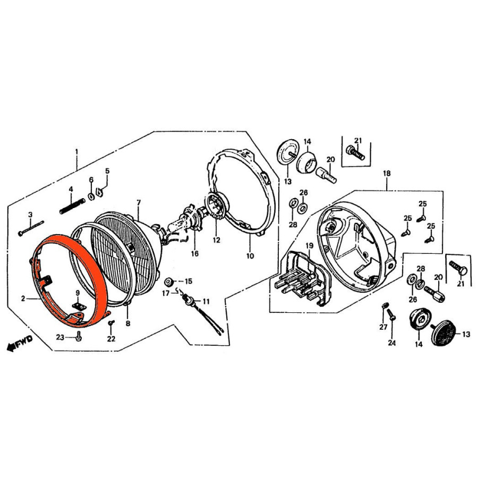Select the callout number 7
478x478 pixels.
[139, 202]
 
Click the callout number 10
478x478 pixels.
[250, 256]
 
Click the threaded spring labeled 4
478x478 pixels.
[72, 206]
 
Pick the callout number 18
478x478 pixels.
[387, 174]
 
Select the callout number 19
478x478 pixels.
[310, 245]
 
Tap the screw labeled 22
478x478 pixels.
[111, 323]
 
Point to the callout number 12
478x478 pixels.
[217, 240]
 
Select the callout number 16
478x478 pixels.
[195, 253]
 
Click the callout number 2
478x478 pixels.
[23, 298]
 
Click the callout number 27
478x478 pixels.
[383, 327]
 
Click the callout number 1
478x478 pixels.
[76, 151]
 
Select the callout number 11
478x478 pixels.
[206, 302]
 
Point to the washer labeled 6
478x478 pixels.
[91, 197]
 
